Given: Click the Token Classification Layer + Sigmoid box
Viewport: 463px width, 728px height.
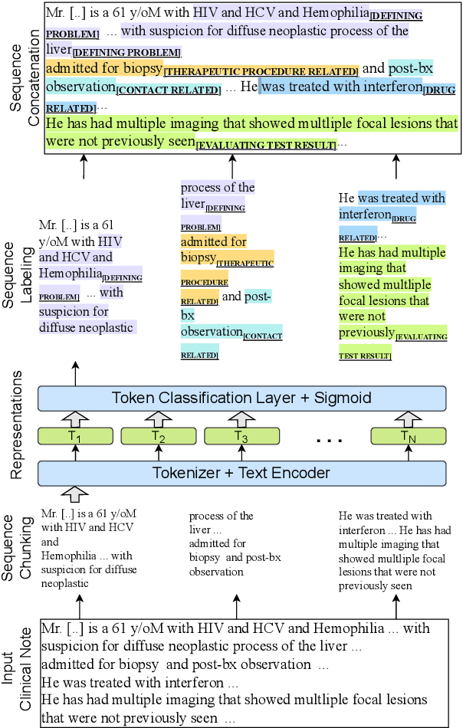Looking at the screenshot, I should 241,398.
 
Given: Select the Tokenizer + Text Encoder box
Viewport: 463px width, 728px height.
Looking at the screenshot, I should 241,473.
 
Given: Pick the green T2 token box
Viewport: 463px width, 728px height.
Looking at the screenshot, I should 157,436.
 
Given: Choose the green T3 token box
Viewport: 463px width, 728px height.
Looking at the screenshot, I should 241,436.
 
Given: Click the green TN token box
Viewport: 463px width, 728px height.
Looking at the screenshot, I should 406,436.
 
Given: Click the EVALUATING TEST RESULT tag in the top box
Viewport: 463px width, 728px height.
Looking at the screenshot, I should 265,145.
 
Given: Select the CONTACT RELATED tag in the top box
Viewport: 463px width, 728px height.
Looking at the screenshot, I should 169,90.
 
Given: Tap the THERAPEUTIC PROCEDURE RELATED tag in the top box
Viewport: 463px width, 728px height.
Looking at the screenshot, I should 261,72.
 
